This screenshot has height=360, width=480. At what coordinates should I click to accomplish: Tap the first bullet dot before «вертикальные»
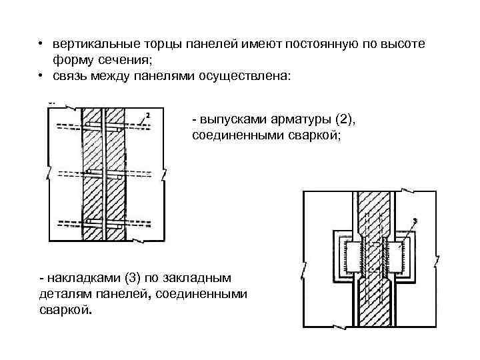click(x=41, y=44)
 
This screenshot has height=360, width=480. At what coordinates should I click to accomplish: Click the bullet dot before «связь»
click(x=41, y=77)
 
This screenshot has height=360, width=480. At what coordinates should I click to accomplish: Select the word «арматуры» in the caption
click(x=297, y=119)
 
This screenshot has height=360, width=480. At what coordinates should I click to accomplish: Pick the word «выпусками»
click(x=231, y=119)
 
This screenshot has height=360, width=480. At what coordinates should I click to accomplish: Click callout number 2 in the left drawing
click(x=147, y=115)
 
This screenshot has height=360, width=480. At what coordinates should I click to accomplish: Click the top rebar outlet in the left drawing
click(x=104, y=125)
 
